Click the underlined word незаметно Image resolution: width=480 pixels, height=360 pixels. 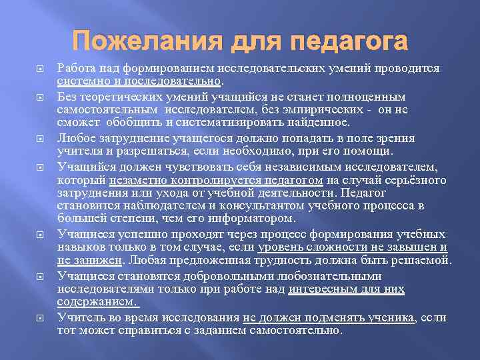pyautogui.click(x=132, y=179)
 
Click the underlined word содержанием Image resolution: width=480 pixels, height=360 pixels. pyautogui.click(x=97, y=301)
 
